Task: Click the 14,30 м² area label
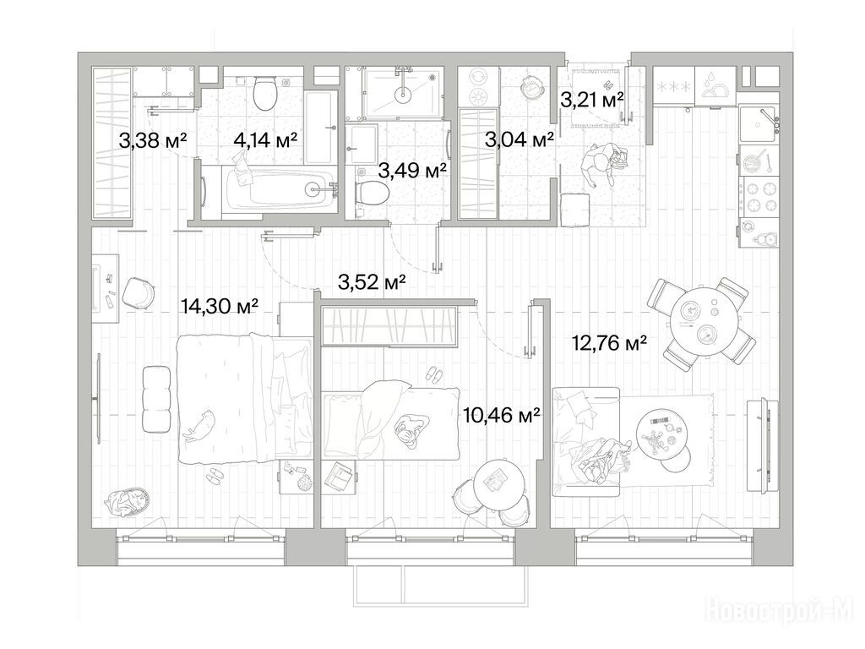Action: click(220, 306)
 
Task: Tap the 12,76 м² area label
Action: click(610, 344)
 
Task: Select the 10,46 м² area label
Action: click(502, 414)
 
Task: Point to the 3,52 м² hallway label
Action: click(372, 282)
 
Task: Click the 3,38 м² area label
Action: click(153, 141)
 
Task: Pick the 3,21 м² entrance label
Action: click(592, 100)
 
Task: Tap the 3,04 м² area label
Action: click(520, 140)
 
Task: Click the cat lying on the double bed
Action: click(199, 426)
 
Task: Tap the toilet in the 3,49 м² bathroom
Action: click(372, 193)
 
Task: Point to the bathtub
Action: click(279, 188)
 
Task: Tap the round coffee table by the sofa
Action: click(661, 434)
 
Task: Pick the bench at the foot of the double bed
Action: click(155, 399)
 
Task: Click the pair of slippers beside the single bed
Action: click(433, 374)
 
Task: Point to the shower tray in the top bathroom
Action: click(402, 93)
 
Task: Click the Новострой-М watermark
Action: click(780, 610)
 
